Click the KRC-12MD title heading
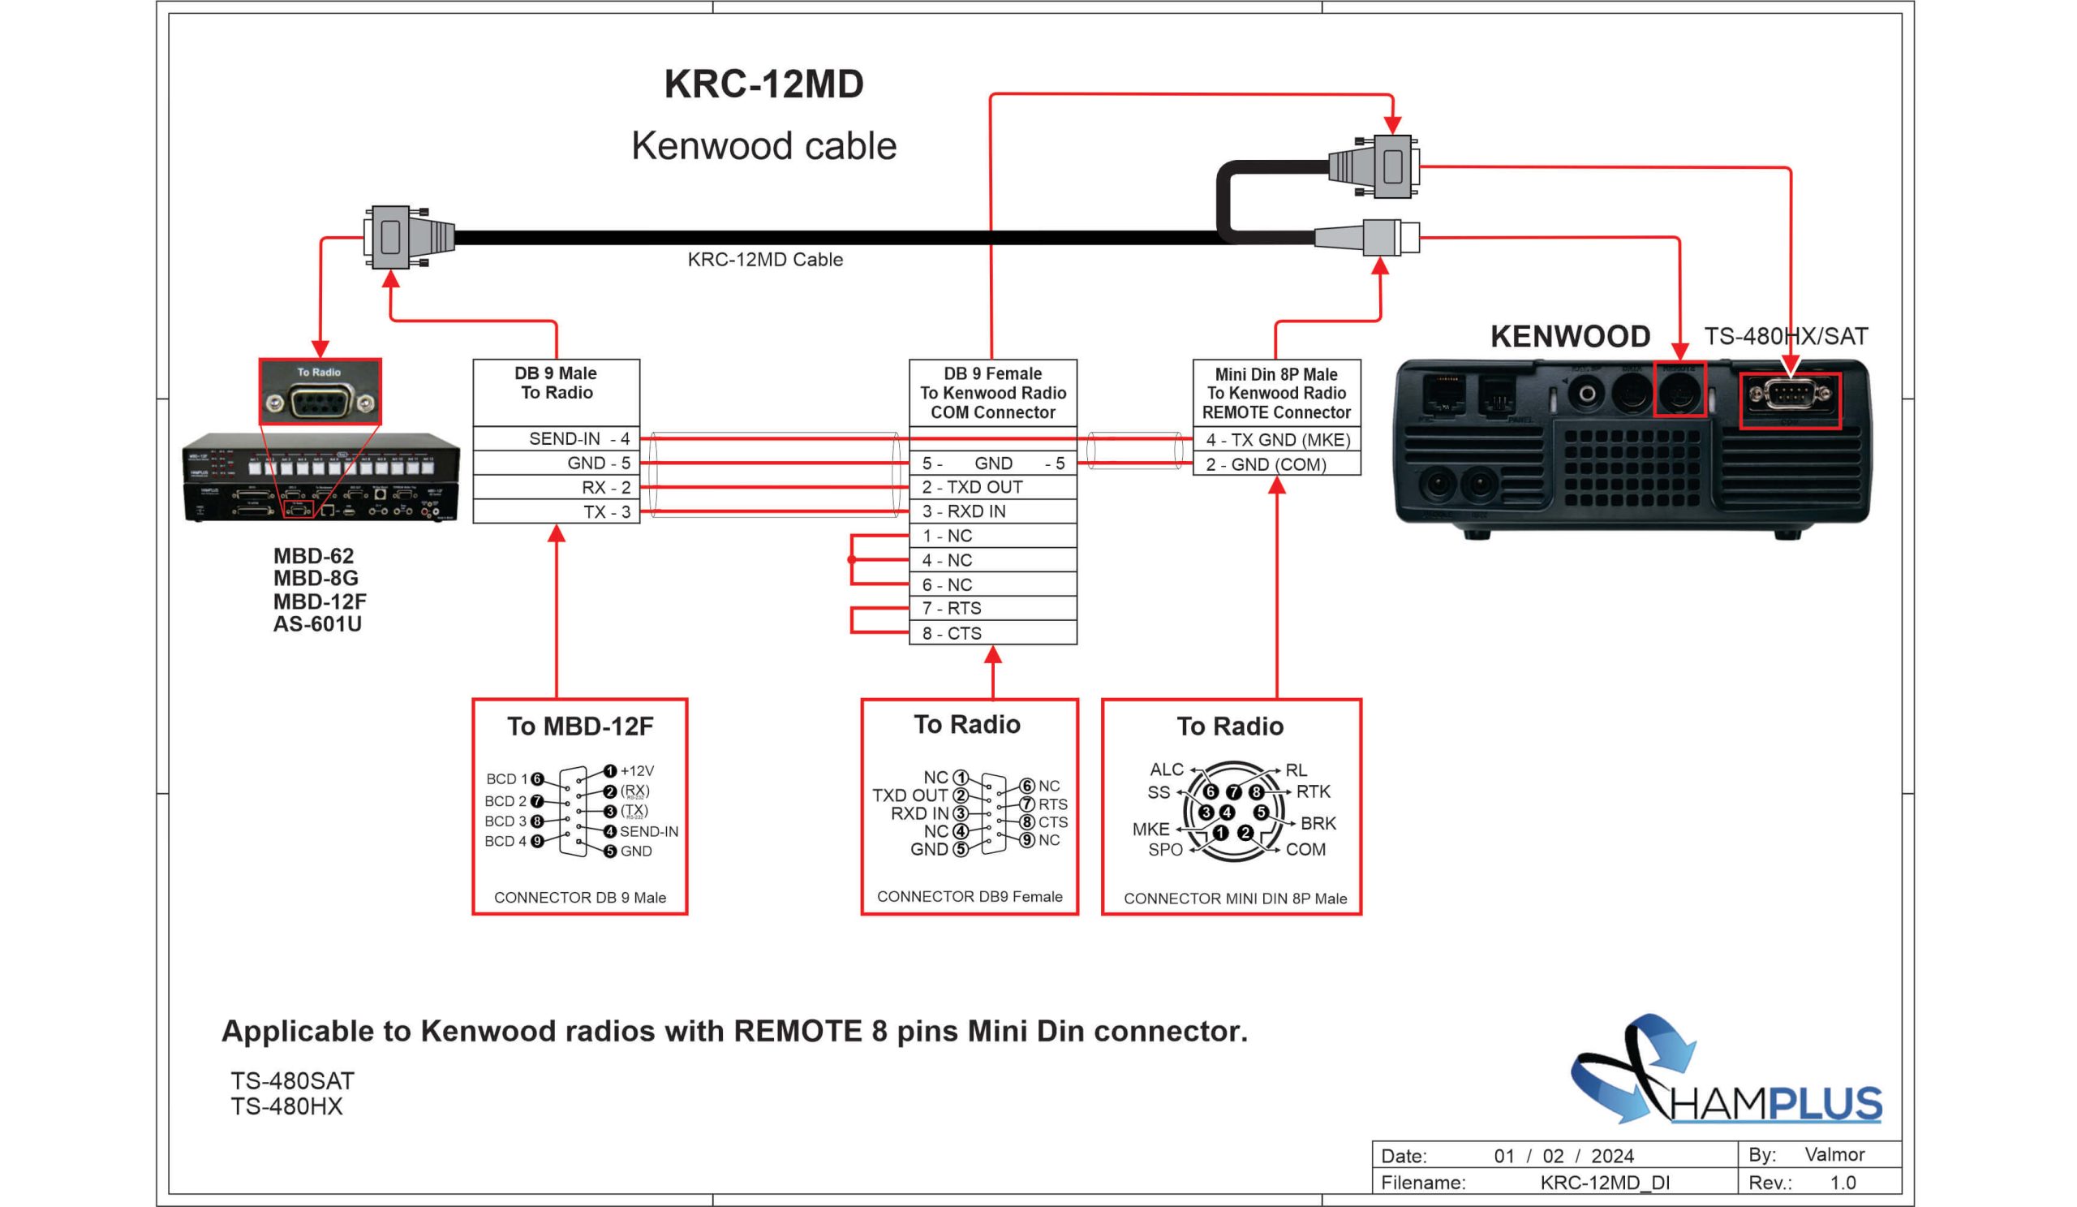pyautogui.click(x=763, y=84)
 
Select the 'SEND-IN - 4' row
pyautogui.click(x=557, y=438)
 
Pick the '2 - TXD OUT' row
pyautogui.click(x=992, y=487)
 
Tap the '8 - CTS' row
pyautogui.click(x=992, y=633)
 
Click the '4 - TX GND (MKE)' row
pyautogui.click(x=1277, y=439)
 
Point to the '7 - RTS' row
pyautogui.click(x=992, y=609)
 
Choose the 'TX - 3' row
pyautogui.click(x=557, y=512)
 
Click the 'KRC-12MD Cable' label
pyautogui.click(x=765, y=260)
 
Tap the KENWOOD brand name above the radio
pyautogui.click(x=1569, y=336)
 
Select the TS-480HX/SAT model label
pyautogui.click(x=1785, y=336)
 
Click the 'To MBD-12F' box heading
pyautogui.click(x=579, y=726)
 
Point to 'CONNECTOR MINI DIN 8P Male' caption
pyautogui.click(x=1235, y=899)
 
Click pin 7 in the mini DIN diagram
pyautogui.click(x=1233, y=791)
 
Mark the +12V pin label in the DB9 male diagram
pyautogui.click(x=636, y=771)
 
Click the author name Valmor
pyautogui.click(x=1834, y=1154)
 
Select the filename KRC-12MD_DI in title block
pyautogui.click(x=1604, y=1183)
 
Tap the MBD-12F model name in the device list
pyautogui.click(x=320, y=601)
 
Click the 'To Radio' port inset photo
pyautogui.click(x=320, y=392)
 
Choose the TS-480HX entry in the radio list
pyautogui.click(x=286, y=1106)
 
